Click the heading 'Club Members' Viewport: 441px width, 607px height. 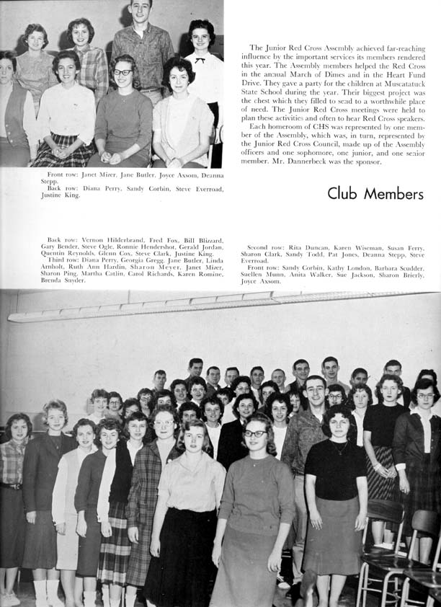375,193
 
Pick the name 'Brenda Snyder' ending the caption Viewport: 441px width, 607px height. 63,280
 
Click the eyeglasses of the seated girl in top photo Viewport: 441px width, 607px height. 123,72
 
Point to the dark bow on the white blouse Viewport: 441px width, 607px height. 200,59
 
